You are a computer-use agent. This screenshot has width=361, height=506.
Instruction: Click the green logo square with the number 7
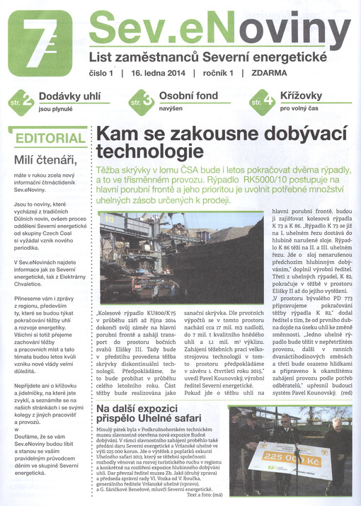click(39, 43)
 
